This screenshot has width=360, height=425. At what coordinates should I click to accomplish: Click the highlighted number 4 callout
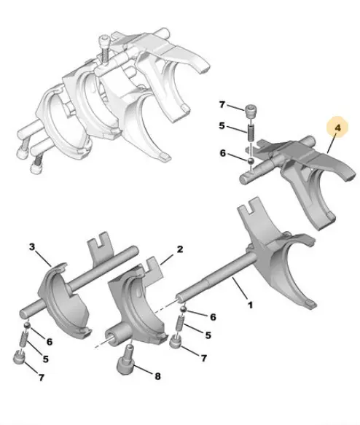pyautogui.click(x=337, y=128)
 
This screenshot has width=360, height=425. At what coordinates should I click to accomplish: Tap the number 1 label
pyautogui.click(x=250, y=305)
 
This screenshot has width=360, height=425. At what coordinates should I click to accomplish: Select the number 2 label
pyautogui.click(x=180, y=249)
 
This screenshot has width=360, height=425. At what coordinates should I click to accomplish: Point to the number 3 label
pyautogui.click(x=32, y=247)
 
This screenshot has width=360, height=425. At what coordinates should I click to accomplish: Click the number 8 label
pyautogui.click(x=157, y=376)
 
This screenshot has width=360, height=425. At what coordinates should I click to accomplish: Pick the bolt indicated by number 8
pyautogui.click(x=125, y=359)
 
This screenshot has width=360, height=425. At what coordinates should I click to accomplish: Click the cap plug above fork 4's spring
pyautogui.click(x=251, y=112)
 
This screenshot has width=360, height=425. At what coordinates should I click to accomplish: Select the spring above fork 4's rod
pyautogui.click(x=251, y=132)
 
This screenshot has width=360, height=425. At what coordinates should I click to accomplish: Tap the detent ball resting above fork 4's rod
pyautogui.click(x=251, y=160)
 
